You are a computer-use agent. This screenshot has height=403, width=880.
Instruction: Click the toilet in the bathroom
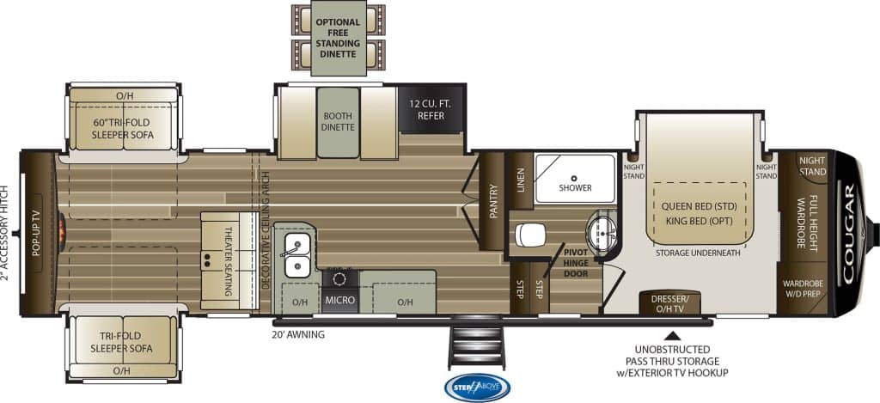tap(529, 234)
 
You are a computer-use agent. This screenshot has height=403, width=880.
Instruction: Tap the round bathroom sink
tap(602, 230)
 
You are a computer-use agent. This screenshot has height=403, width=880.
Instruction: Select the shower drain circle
tap(574, 178)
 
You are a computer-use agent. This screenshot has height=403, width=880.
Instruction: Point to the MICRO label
tap(340, 300)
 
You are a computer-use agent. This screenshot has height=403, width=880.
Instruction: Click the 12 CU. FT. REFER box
tap(431, 109)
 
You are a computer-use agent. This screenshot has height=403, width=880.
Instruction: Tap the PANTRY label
tap(493, 201)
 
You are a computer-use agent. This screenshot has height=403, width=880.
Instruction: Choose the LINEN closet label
tap(520, 180)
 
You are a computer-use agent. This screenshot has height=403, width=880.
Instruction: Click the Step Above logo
tap(477, 388)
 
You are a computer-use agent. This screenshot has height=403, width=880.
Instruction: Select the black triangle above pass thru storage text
tap(672, 336)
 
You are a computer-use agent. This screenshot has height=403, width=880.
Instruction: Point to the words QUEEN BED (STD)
tap(698, 206)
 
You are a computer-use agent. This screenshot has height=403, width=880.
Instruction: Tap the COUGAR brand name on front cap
tap(848, 233)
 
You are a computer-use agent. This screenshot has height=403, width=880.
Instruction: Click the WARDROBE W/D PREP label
tap(803, 288)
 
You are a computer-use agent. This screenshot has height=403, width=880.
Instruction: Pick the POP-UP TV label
tap(36, 233)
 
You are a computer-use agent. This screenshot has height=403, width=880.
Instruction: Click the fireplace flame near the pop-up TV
tap(62, 232)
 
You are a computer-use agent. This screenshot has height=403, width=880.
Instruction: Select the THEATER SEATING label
tap(229, 261)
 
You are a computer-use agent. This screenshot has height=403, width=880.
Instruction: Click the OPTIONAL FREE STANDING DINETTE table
tap(339, 38)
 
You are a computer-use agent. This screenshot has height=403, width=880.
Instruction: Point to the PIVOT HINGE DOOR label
tap(577, 263)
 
